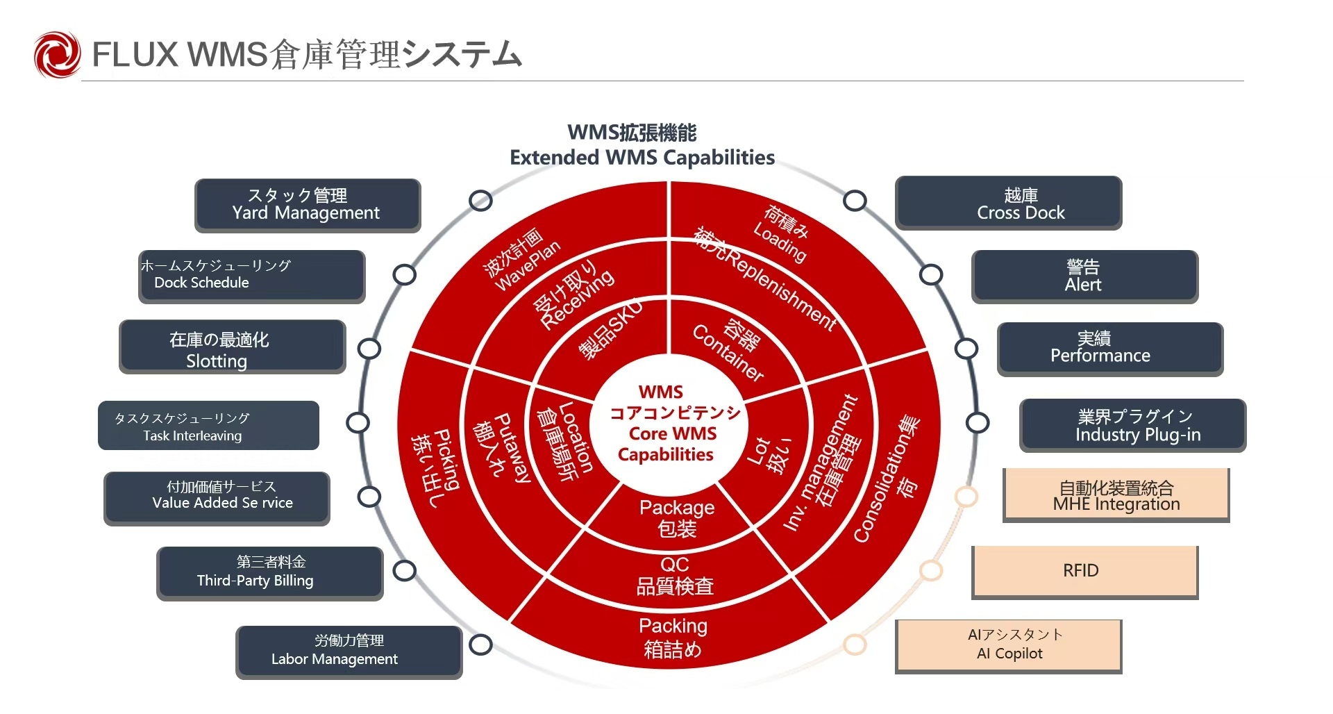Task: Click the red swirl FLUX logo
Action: point(58,54)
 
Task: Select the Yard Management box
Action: point(308,205)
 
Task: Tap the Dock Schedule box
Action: point(252,276)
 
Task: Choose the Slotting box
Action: point(233,347)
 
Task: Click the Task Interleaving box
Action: point(209,426)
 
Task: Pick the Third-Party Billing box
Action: point(270,573)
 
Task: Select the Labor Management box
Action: point(349,652)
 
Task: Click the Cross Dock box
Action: point(1009,203)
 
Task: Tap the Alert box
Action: point(1085,276)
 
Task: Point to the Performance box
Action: point(1111,349)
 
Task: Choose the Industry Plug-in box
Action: point(1133,426)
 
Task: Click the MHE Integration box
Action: point(1116,495)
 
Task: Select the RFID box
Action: point(1085,572)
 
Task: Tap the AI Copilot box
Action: point(1009,646)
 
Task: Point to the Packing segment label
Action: point(673,638)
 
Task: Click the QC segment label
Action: point(675,576)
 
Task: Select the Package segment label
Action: point(677,518)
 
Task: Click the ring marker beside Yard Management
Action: point(480,201)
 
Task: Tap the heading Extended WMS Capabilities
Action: point(642,158)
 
